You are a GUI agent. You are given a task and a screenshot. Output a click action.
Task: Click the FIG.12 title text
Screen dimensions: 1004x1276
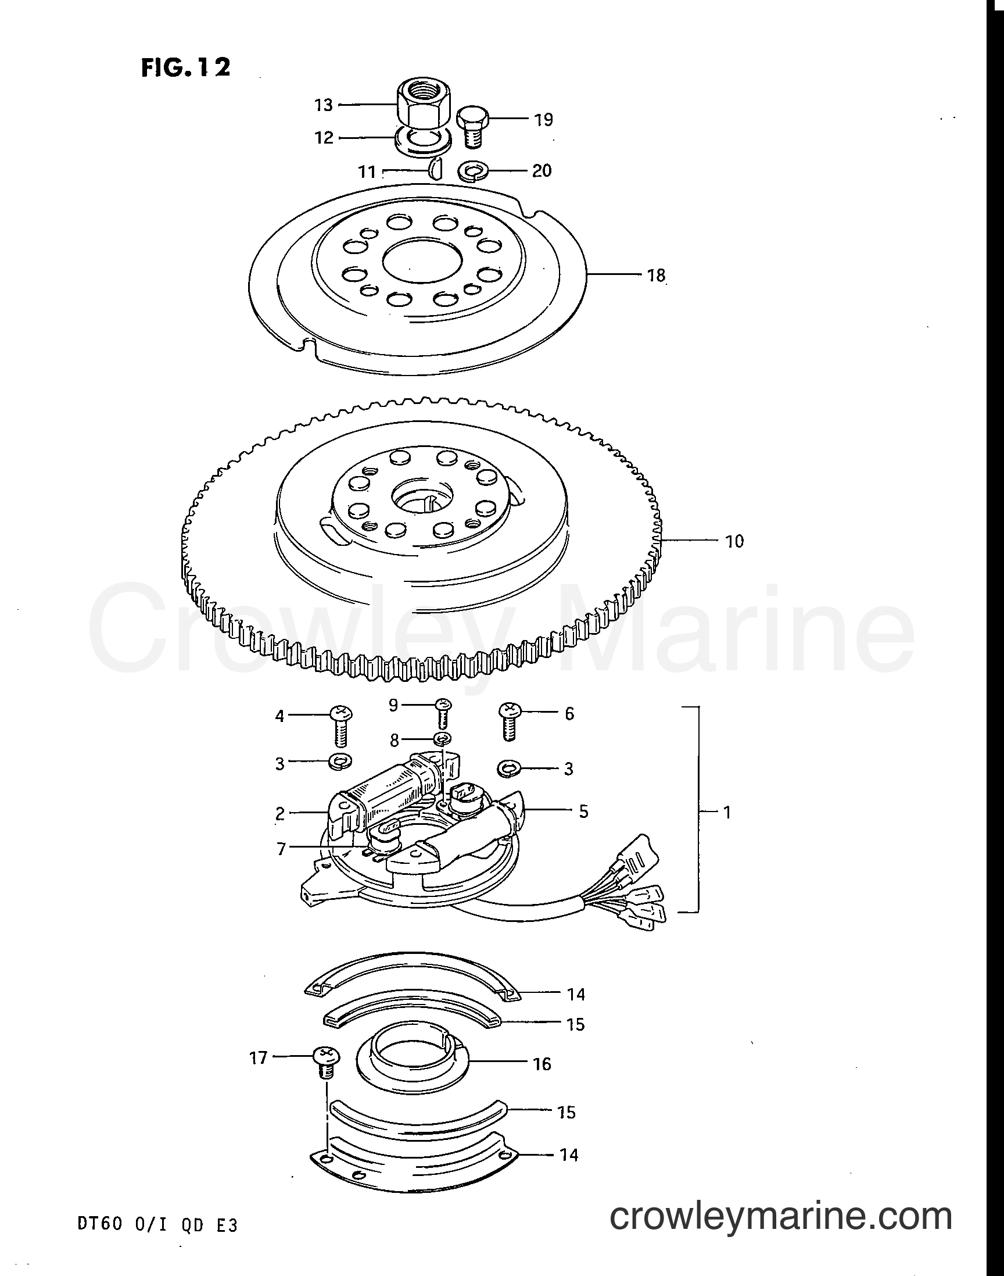coord(186,67)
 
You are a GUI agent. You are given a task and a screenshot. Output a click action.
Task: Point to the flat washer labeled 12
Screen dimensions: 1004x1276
coord(423,142)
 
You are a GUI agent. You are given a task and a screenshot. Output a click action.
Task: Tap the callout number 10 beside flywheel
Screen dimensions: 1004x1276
coord(734,541)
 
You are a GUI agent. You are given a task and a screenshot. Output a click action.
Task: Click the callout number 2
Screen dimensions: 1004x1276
coord(280,813)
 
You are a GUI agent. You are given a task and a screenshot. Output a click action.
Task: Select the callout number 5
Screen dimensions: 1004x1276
coord(583,811)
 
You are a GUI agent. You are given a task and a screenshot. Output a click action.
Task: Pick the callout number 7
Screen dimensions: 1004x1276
coord(281,849)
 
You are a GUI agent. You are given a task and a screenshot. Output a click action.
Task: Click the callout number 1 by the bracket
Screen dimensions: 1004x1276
coord(727,812)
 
